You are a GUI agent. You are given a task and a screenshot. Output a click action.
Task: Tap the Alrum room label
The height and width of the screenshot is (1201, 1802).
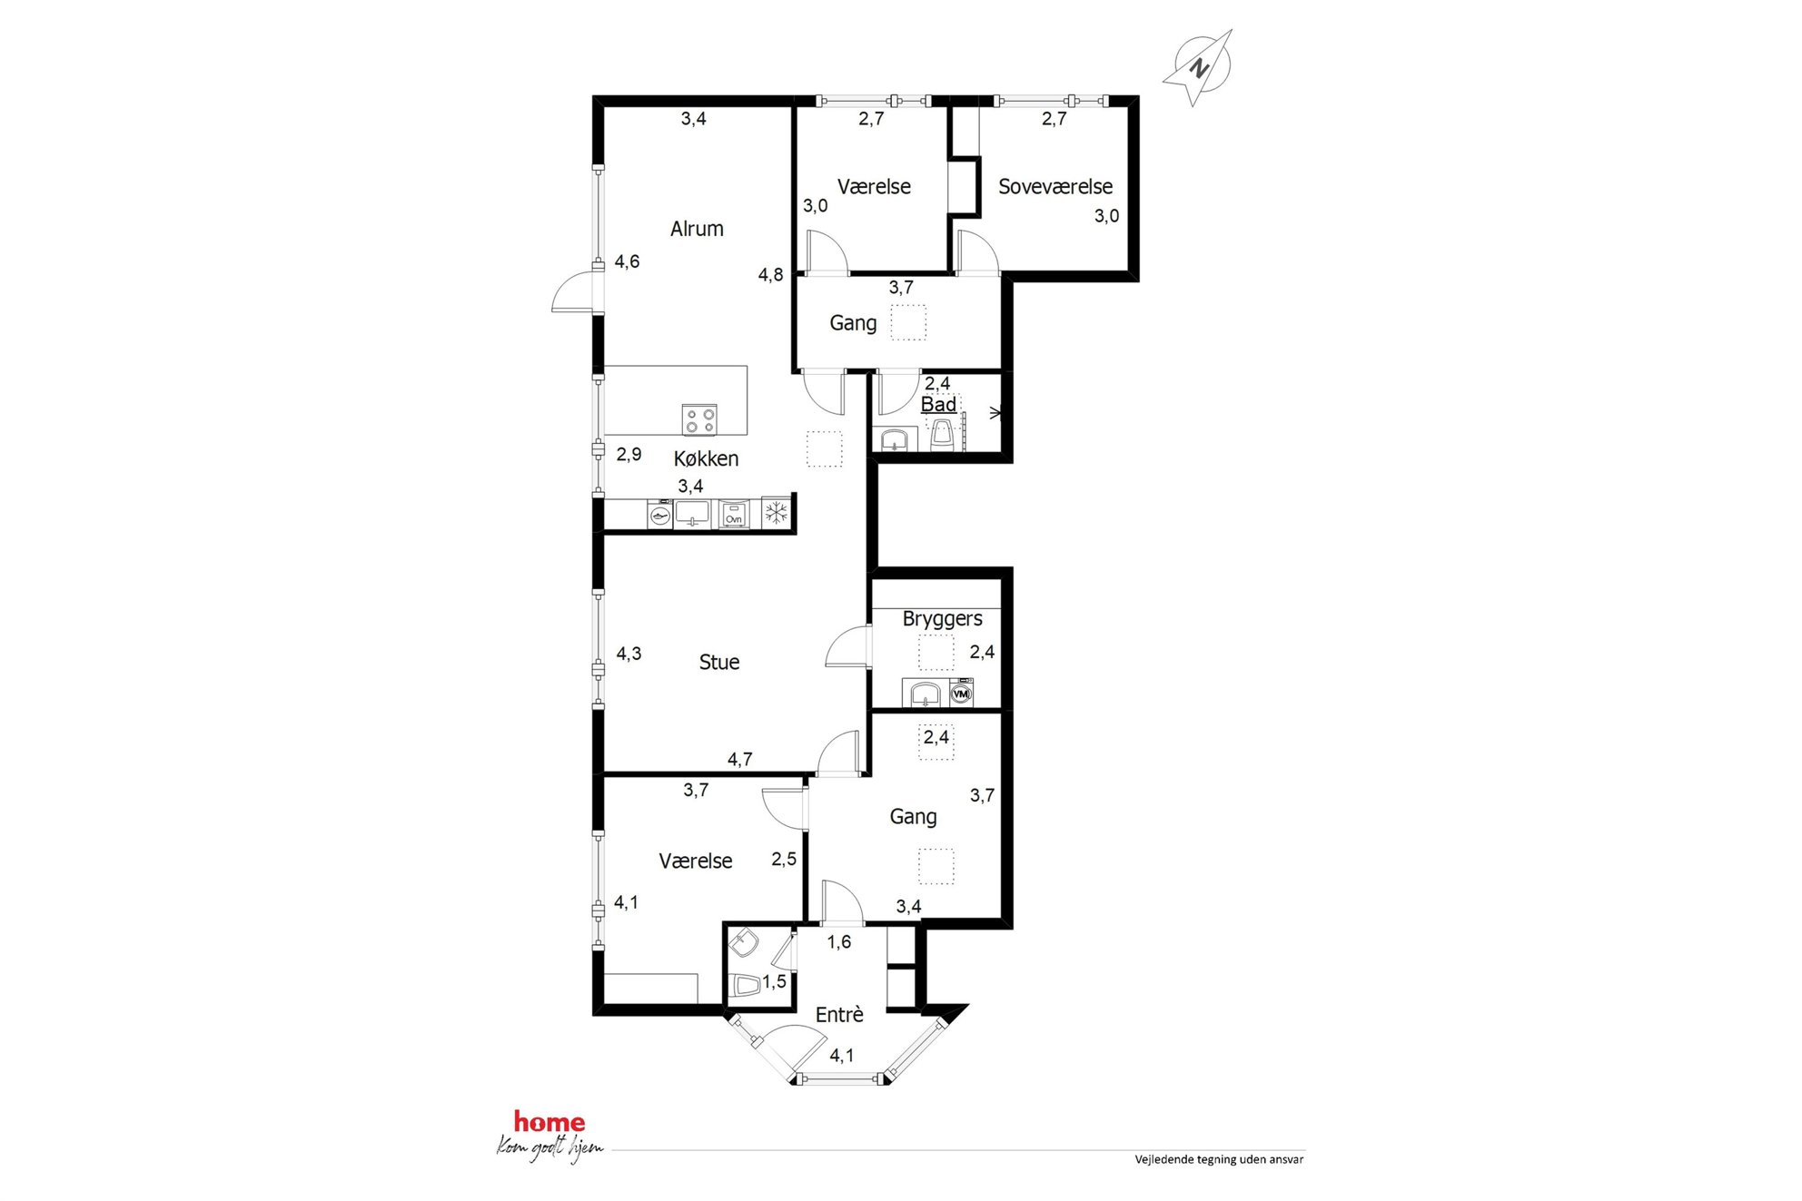697,229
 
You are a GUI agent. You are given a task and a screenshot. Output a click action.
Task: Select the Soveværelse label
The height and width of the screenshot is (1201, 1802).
1055,186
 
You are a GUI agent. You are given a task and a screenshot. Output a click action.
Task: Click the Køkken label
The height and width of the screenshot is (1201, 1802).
706,458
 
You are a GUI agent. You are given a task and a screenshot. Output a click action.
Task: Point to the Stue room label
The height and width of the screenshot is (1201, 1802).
719,662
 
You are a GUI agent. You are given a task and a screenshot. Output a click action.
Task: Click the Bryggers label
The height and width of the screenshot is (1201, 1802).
943,619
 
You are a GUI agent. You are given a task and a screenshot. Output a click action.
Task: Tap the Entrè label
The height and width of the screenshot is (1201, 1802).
839,1014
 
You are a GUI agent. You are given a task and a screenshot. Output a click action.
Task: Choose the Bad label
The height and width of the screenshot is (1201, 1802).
938,404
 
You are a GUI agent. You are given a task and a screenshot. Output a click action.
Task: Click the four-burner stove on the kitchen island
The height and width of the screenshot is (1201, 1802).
699,419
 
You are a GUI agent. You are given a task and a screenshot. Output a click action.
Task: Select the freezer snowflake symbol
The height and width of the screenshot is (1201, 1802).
776,514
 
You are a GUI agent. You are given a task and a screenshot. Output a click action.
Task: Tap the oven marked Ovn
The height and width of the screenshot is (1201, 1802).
733,515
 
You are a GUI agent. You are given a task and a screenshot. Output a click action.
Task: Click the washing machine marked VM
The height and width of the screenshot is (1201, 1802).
961,694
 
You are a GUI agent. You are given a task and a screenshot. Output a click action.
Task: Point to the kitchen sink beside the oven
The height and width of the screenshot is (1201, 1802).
692,514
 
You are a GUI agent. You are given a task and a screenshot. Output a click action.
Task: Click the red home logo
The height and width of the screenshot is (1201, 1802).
550,1122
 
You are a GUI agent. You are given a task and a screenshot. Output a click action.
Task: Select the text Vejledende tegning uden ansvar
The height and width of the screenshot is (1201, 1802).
1219,1159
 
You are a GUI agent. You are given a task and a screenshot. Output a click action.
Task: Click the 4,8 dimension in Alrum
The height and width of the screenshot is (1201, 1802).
770,274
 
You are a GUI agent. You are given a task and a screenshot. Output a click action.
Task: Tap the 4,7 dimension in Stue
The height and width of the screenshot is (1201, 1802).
739,759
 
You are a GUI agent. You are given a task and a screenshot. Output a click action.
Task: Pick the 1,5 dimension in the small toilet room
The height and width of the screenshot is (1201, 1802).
774,981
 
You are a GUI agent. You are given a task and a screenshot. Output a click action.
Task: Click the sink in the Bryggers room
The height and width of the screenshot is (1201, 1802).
925,694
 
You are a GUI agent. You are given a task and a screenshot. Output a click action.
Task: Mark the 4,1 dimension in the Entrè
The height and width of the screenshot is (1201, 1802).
842,1055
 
